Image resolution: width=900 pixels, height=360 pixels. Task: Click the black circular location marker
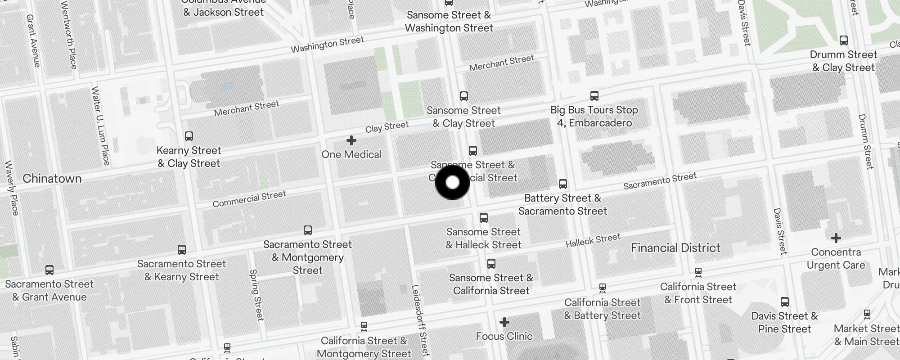pos(453,182)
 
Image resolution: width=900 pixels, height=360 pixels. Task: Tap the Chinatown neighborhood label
pos(52,179)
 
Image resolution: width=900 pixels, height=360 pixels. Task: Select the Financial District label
pos(675,247)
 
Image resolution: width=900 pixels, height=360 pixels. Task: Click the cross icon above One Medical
pos(351,141)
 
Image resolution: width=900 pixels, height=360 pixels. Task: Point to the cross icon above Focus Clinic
pos(504,322)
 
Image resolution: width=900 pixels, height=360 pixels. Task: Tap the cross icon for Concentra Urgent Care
pos(836,238)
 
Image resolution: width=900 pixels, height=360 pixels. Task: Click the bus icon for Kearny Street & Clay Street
pos(189,136)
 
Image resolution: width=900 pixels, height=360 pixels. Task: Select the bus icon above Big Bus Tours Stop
pos(594,96)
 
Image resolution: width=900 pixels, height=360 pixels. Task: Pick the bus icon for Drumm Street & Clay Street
pos(844,40)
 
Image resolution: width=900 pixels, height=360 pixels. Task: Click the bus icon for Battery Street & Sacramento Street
pos(563,184)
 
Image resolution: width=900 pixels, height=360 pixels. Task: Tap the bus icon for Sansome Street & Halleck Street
pos(484,218)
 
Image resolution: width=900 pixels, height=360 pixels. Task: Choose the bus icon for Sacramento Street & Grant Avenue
pos(49,270)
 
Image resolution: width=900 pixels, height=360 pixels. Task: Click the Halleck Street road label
pos(593,240)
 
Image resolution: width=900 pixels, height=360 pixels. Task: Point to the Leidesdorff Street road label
pos(420,320)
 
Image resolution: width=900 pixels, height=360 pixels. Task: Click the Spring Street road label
pos(256,295)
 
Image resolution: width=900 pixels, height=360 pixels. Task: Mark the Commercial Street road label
pos(249,199)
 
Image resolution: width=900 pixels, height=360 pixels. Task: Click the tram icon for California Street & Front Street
pos(698,272)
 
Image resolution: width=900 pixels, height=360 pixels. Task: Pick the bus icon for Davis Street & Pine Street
pos(785,301)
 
